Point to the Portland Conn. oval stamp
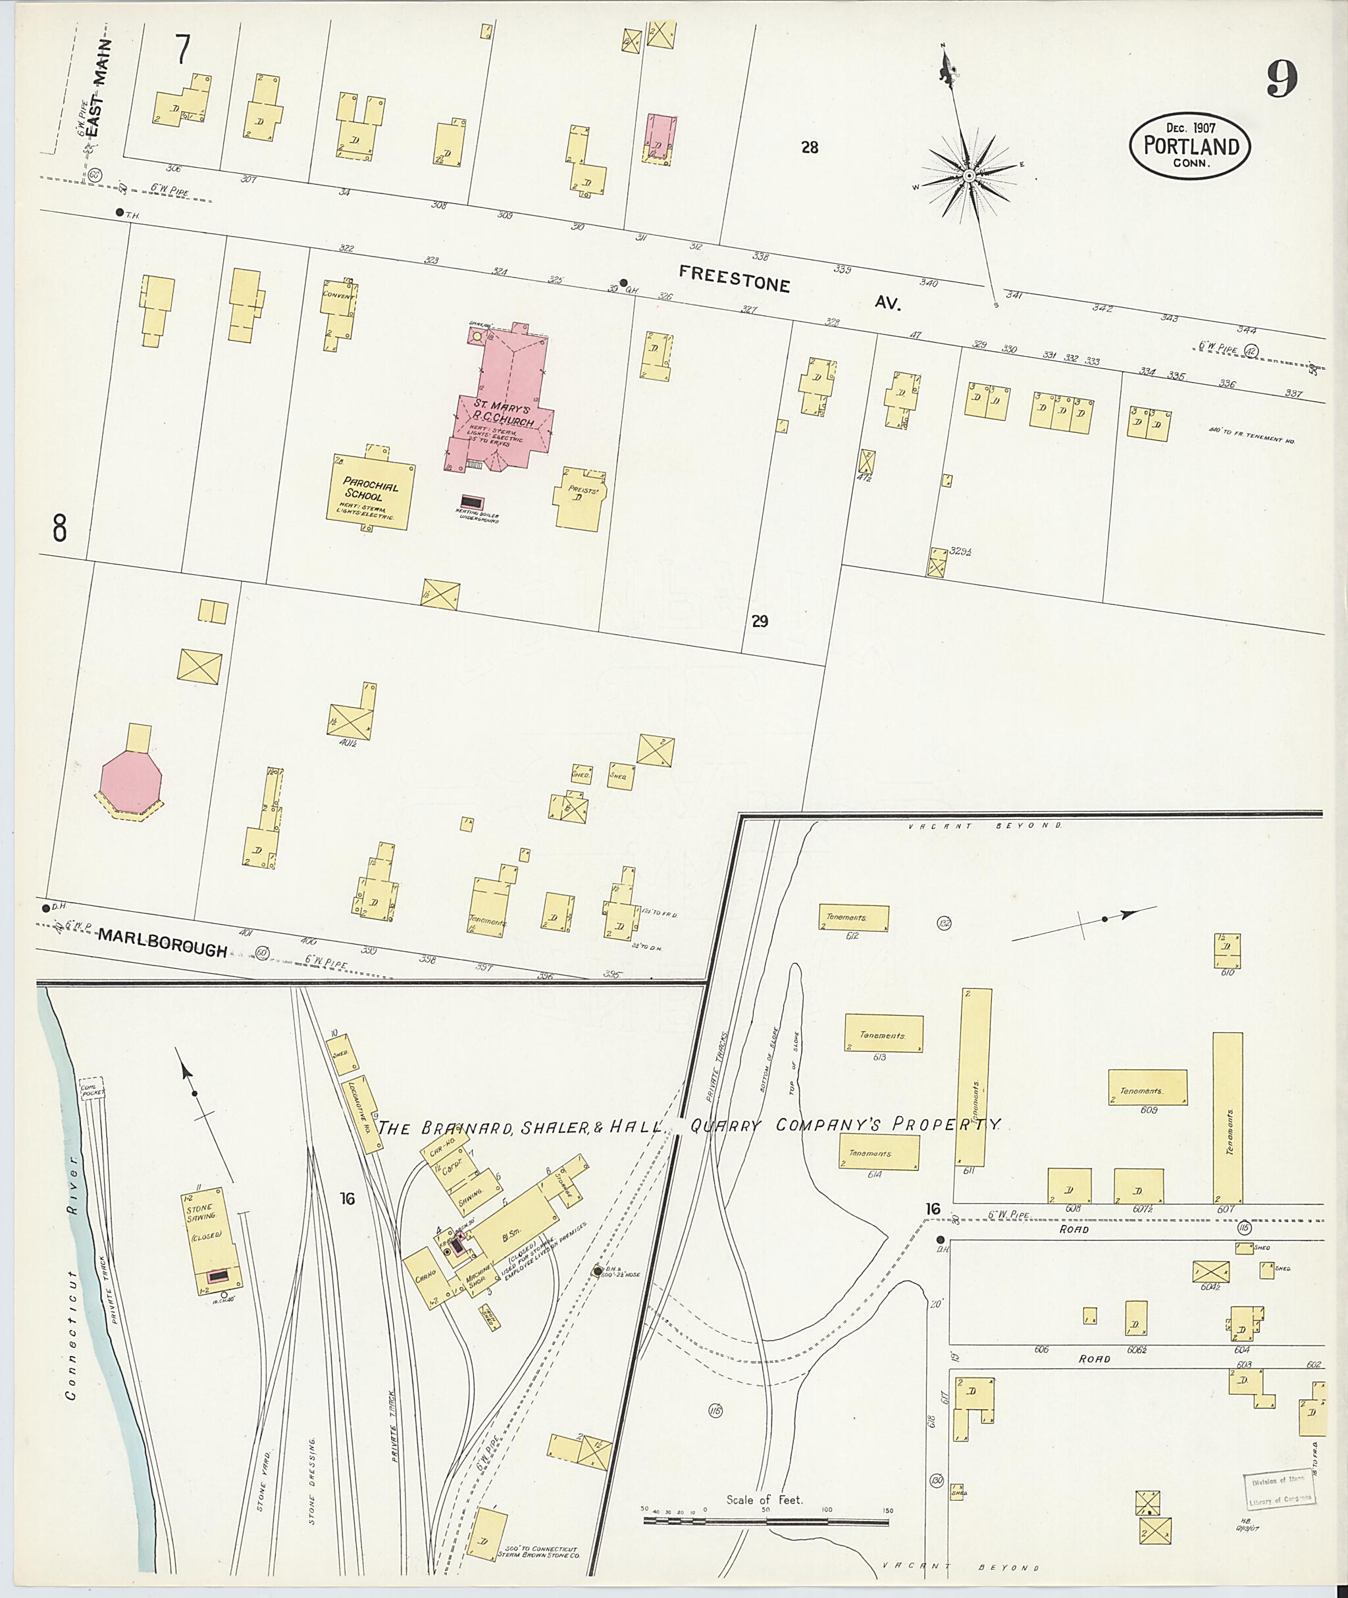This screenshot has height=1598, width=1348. pos(1191,146)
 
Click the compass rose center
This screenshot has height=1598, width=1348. pos(968,176)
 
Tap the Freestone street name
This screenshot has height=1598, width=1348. pos(735,280)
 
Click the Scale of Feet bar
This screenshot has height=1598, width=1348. pos(765,1520)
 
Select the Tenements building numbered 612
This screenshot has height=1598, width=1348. pos(854,917)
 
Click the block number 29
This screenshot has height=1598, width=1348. pos(759,622)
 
